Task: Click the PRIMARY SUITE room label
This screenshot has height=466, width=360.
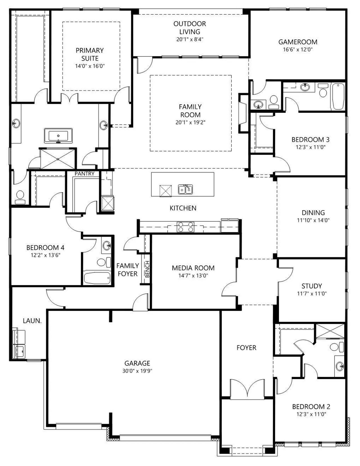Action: pos(90,54)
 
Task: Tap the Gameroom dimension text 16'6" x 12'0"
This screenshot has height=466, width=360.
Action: pos(298,50)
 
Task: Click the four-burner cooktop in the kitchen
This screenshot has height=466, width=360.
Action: pos(186,227)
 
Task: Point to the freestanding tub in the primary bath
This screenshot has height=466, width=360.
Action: pos(58,136)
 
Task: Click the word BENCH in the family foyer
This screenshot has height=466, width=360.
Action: pos(147,269)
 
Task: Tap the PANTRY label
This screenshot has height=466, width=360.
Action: pos(84,174)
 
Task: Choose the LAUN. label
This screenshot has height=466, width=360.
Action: pos(32,321)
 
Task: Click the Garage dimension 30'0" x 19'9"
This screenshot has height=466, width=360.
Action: pos(137,371)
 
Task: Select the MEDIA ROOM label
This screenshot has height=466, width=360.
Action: pos(193,268)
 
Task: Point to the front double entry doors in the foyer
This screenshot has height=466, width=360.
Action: pos(247,388)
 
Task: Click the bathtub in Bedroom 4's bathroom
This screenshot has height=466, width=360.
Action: pos(97,278)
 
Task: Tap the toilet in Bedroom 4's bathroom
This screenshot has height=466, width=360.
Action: pos(104,262)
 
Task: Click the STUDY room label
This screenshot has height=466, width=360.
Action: pos(312,286)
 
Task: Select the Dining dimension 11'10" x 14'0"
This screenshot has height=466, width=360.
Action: pos(313,220)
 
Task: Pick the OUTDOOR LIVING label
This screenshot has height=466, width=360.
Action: pos(190,28)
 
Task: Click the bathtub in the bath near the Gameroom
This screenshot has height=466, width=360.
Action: pos(338,97)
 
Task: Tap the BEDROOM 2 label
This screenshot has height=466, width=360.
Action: pos(311,407)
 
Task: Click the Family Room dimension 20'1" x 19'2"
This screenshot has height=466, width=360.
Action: pos(190,122)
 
